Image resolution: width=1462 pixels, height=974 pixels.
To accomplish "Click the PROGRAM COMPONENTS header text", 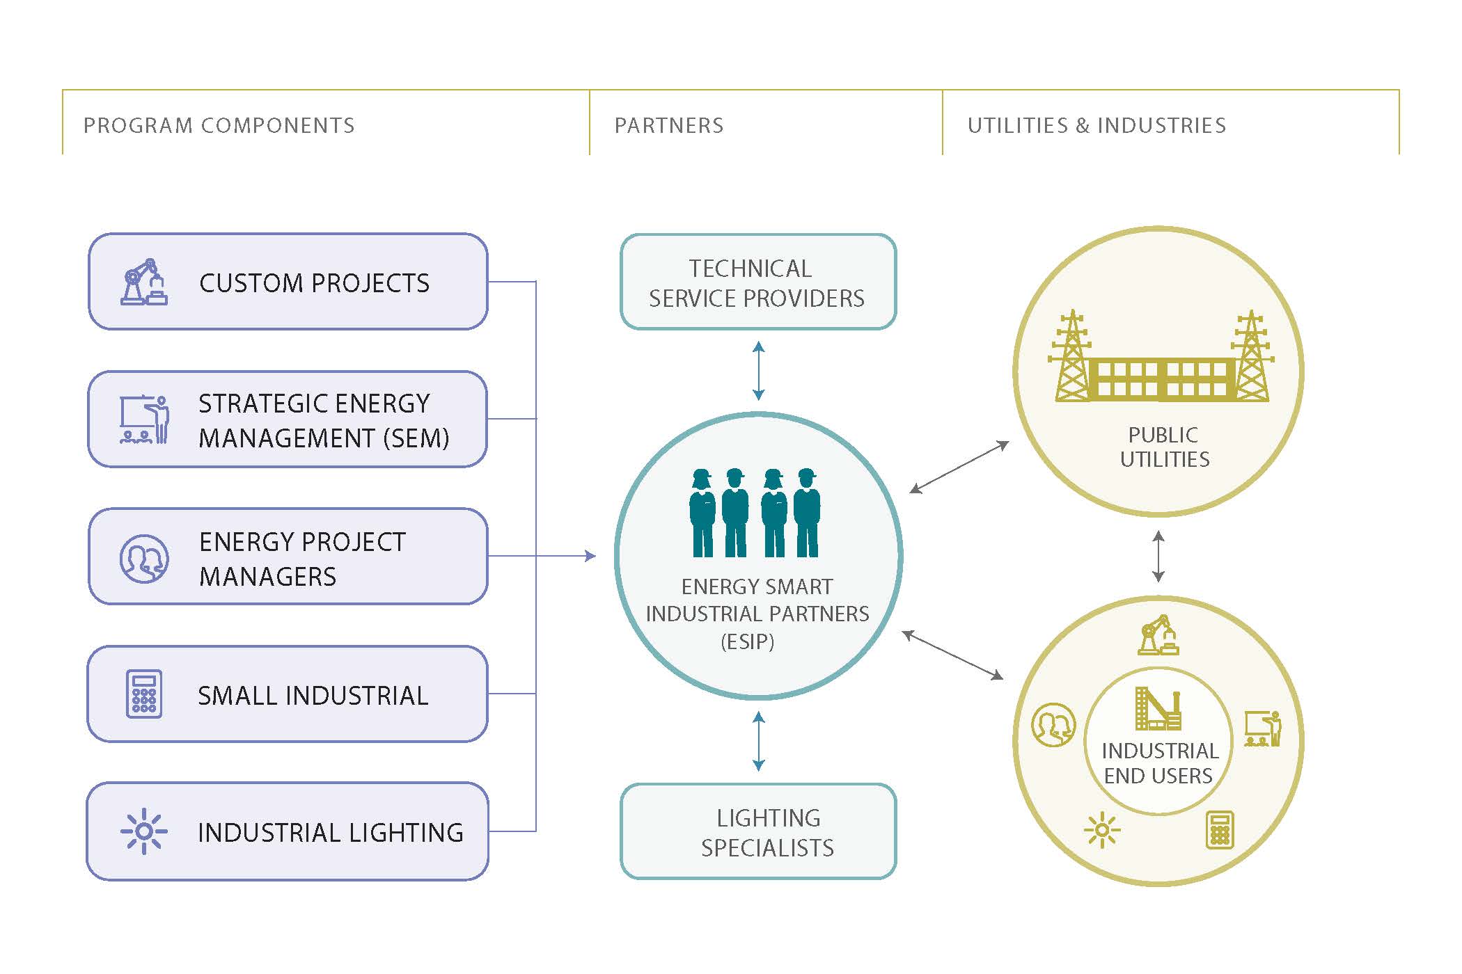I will coord(219,126).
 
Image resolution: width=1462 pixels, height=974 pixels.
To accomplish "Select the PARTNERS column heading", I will coord(668,126).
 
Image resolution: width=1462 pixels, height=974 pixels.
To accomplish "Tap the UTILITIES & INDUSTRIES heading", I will coord(1096,126).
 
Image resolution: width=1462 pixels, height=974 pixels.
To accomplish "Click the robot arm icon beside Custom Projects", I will coord(144,282).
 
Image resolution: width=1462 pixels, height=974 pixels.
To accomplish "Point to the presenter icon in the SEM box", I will coord(145,420).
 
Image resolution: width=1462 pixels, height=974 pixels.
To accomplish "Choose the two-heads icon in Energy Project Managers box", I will coord(144,558).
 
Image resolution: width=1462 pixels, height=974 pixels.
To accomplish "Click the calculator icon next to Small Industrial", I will coord(144,694).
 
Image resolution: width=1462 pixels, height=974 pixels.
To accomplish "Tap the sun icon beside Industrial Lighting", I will coord(144,831).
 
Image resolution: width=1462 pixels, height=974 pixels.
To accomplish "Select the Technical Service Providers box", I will coord(757,282).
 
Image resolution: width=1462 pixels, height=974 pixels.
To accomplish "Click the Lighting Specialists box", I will coord(757,832).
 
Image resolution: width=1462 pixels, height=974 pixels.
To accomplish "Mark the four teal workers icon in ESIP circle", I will coord(755,513).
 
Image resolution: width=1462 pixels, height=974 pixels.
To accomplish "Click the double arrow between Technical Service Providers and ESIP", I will coord(759,371).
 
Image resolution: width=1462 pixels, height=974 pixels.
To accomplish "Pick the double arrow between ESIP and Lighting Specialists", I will coord(759,741).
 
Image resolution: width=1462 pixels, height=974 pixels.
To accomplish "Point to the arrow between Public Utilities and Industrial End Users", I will coord(1158,557).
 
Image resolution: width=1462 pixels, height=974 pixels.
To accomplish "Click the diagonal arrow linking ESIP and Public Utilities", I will coord(959,468).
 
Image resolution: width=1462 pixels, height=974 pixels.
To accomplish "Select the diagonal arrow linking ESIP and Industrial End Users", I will coord(952,655).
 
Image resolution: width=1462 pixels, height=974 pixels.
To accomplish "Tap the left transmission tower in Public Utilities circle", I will coord(1071,356).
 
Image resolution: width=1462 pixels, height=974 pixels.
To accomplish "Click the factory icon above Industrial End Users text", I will coord(1158,709).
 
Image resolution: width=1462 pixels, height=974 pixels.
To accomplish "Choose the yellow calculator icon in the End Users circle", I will coord(1219,830).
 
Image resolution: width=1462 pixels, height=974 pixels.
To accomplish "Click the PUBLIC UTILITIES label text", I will coord(1164,447).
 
